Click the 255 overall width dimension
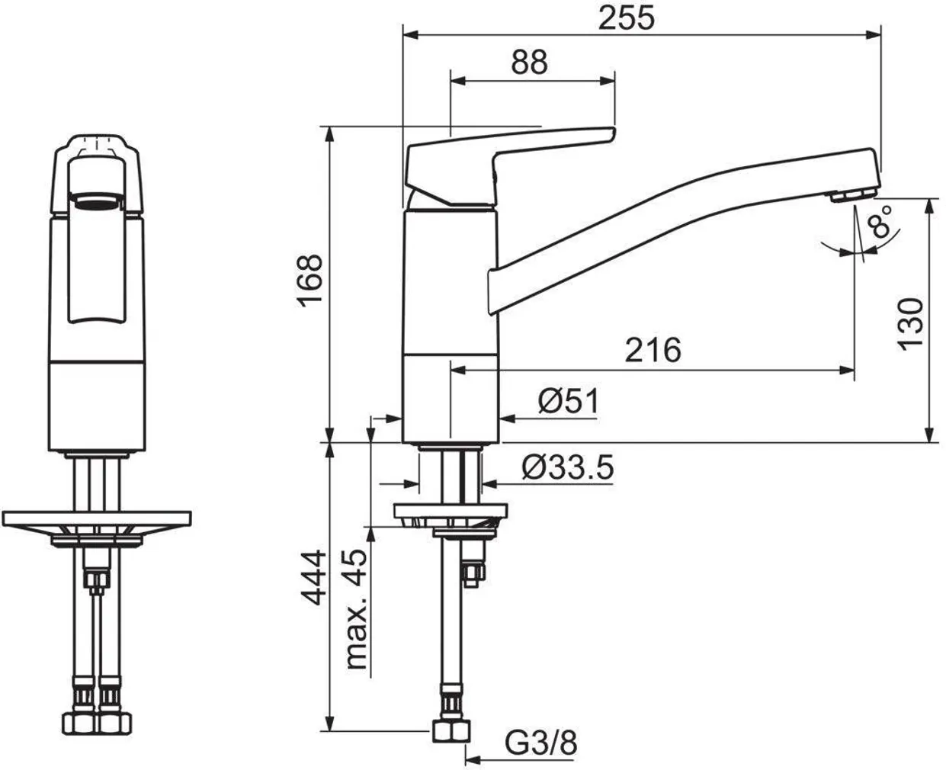point(627,18)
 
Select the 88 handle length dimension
point(529,63)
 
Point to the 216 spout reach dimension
point(653,350)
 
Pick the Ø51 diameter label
point(569,401)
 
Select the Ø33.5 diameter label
point(568,467)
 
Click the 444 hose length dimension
point(313,578)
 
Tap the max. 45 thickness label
point(355,610)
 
